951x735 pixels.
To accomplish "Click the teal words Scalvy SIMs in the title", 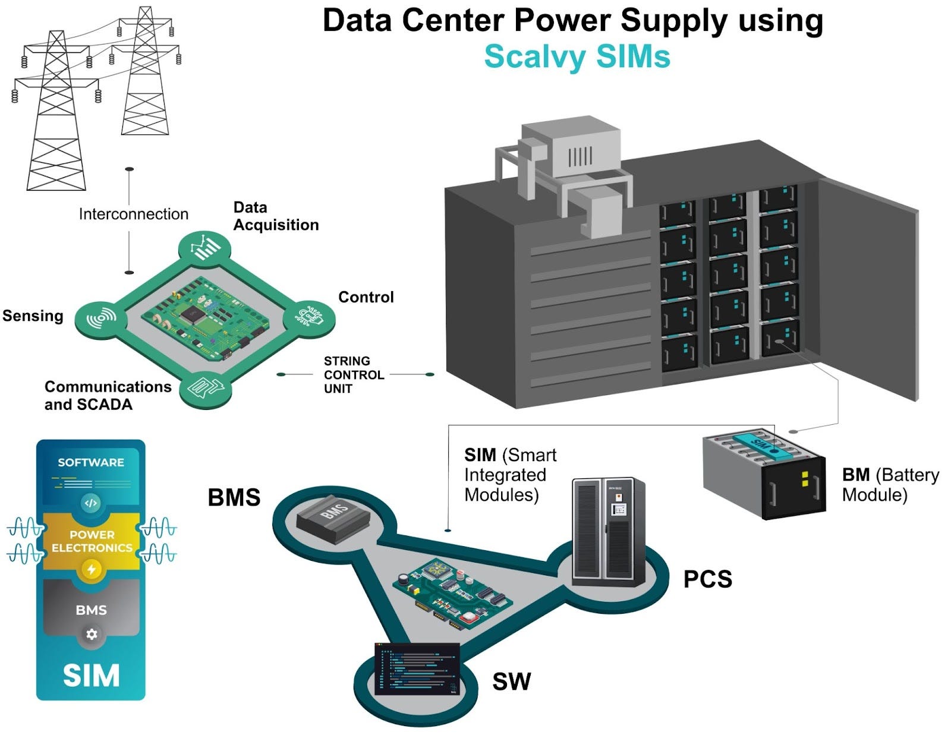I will point(577,57).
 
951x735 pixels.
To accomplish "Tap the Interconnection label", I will point(134,214).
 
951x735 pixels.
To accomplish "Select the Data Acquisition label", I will point(276,216).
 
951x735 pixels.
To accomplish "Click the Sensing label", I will point(33,316).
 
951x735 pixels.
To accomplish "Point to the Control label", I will point(366,297).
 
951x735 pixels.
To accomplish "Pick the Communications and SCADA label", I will point(108,396).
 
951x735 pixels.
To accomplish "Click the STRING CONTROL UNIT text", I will point(354,375).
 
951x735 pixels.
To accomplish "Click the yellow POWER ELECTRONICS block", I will point(92,541).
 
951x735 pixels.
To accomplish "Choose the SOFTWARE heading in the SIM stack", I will point(91,462).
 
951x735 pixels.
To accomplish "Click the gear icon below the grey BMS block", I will point(92,634).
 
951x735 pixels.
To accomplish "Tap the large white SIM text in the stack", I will point(91,676).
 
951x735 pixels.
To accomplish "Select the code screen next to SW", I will point(418,668).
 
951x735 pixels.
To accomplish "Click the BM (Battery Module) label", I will point(890,484).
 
